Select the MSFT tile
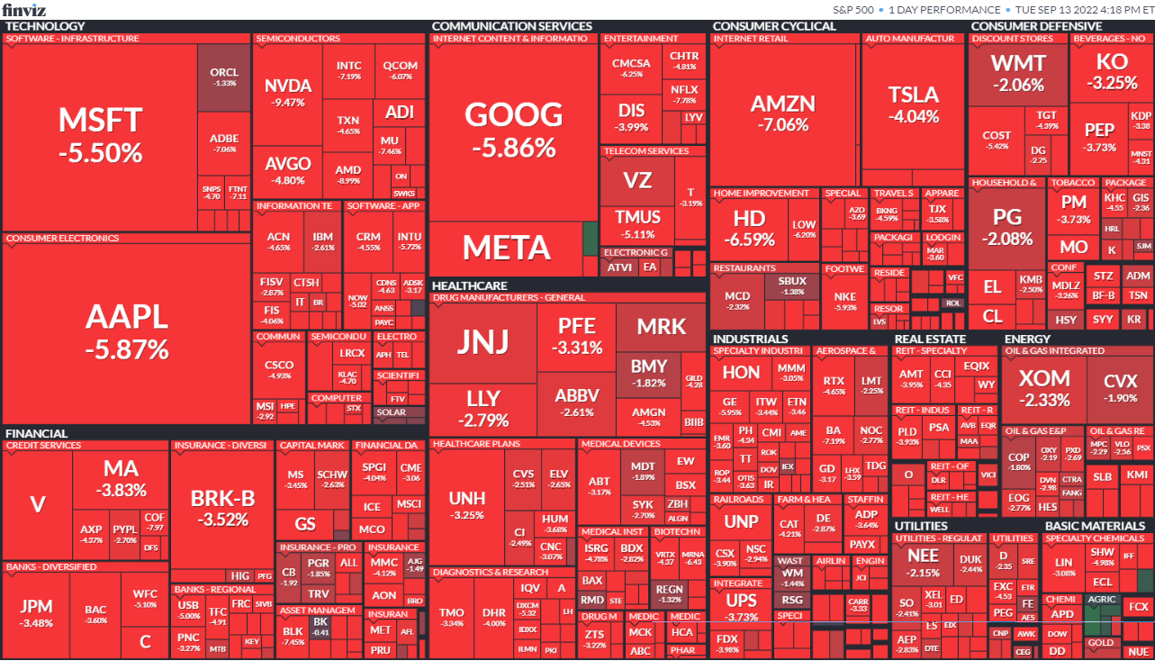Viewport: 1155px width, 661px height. [x=100, y=135]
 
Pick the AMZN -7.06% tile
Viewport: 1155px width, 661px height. [x=782, y=112]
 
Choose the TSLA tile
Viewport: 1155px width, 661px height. [x=913, y=104]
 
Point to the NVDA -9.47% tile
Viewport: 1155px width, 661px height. [x=288, y=93]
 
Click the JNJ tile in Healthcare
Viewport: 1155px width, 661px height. [x=483, y=341]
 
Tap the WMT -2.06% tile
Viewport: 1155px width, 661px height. [x=1017, y=72]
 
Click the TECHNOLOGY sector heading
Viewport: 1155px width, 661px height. [x=45, y=26]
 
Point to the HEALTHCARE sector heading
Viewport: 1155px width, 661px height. [x=469, y=285]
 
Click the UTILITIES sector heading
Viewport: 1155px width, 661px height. [x=921, y=526]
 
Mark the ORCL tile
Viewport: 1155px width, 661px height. [x=223, y=77]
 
